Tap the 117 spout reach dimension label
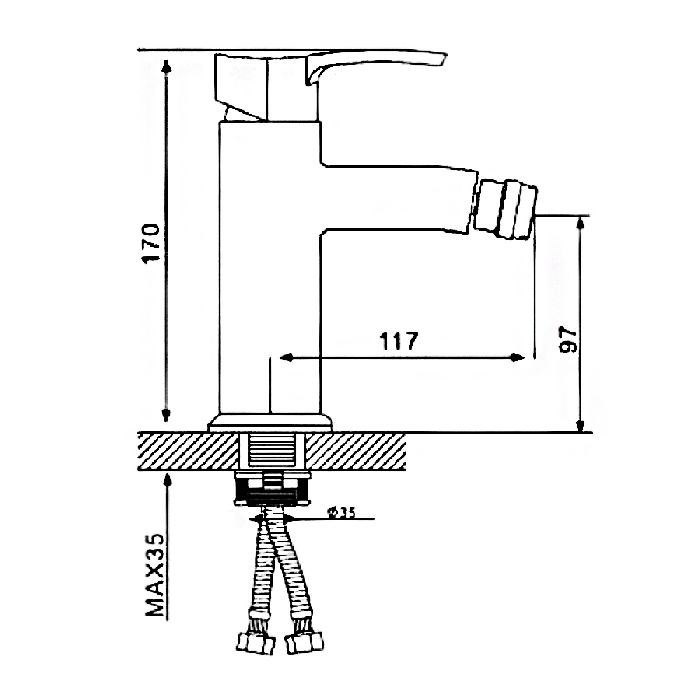point(399,341)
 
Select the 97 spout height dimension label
point(568,339)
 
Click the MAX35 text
point(155,575)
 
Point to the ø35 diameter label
point(341,513)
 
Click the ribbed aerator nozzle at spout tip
point(505,207)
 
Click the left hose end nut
point(255,643)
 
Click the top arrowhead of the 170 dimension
point(166,66)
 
